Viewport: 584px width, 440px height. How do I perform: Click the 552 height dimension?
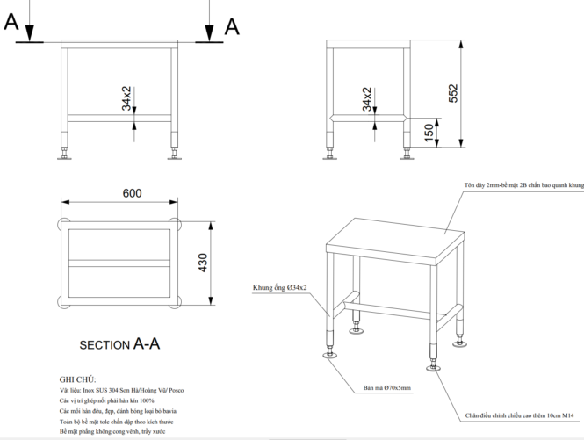[453, 94]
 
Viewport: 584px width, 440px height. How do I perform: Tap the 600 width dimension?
[133, 193]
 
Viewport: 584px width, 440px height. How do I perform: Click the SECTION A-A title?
[120, 344]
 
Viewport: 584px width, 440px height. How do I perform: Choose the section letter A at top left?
[11, 23]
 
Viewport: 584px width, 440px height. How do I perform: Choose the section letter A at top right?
[232, 26]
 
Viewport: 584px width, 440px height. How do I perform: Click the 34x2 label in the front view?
[127, 98]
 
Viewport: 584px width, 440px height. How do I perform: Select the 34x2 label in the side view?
[367, 99]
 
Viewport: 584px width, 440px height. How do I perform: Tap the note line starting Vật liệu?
[122, 390]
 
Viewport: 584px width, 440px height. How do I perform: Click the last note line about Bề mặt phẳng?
[112, 432]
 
